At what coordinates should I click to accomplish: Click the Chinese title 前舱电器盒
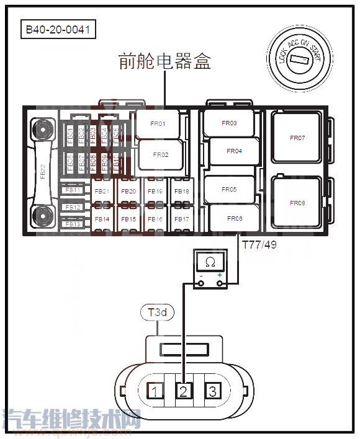coord(165,61)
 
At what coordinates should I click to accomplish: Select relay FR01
coord(158,124)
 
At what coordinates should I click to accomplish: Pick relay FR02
coord(160,154)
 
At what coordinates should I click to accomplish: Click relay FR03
coord(229,123)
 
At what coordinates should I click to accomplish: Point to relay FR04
coord(234,151)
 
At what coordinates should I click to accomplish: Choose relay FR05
coord(229,190)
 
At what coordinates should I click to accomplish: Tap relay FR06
coord(234,218)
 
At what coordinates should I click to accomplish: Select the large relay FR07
coord(298,138)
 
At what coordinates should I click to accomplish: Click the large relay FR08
coord(298,203)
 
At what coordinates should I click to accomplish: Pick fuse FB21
coord(102,192)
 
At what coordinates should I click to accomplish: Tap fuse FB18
coord(182,192)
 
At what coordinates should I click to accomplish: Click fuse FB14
coord(102,219)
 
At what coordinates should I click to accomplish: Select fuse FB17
coord(182,219)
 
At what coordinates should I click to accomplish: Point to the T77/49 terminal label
coord(258,244)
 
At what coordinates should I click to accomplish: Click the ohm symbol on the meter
coord(210,262)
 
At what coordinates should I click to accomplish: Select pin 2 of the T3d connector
coord(184,391)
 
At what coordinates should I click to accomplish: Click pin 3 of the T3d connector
coord(212,391)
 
